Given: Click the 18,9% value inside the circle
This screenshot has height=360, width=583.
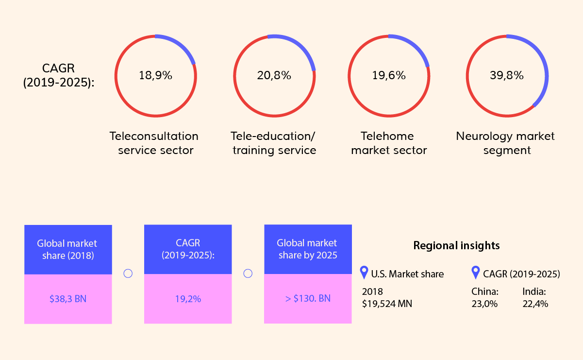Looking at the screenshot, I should click(x=155, y=76).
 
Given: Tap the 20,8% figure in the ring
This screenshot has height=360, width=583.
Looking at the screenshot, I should click(x=274, y=76).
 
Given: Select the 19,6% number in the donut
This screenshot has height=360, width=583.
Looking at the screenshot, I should click(x=389, y=76).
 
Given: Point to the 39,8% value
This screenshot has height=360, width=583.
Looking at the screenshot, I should click(x=507, y=76).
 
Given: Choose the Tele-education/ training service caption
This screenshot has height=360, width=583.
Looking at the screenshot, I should click(x=274, y=143).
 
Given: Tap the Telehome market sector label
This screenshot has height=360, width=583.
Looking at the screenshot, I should click(x=389, y=143).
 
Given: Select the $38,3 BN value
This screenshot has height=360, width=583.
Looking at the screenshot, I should click(x=68, y=299).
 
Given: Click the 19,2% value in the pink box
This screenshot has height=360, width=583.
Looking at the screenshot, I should click(x=188, y=299).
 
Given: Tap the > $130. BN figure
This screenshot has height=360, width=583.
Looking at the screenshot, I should click(x=308, y=298).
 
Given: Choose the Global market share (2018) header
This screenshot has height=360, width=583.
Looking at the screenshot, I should click(x=68, y=249).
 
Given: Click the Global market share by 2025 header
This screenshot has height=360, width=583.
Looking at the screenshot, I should click(x=308, y=249).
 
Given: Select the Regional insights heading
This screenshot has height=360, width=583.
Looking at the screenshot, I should click(x=456, y=245).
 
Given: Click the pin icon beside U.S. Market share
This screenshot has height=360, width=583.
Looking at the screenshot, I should click(x=364, y=273).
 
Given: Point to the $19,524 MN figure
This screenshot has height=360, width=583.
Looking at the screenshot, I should click(x=387, y=304).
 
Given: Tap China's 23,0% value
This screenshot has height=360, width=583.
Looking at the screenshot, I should click(x=484, y=304).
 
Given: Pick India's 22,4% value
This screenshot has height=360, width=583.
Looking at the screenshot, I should click(x=535, y=304).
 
